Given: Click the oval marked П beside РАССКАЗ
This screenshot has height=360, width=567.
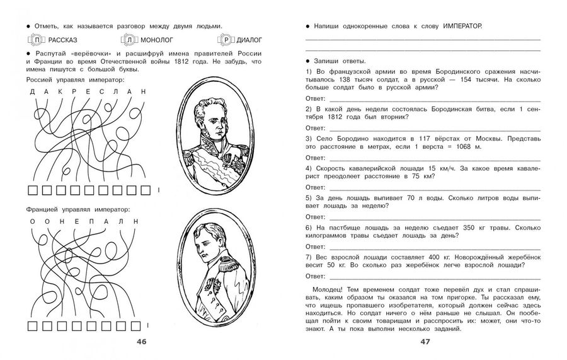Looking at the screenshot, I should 38,41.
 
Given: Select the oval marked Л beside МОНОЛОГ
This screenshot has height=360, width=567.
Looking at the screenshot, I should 130,41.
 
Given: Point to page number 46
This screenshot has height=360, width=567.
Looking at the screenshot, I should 142,342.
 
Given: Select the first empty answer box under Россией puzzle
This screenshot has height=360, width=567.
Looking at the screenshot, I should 33,190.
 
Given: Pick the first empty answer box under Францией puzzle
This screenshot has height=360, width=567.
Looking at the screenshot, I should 33,326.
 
